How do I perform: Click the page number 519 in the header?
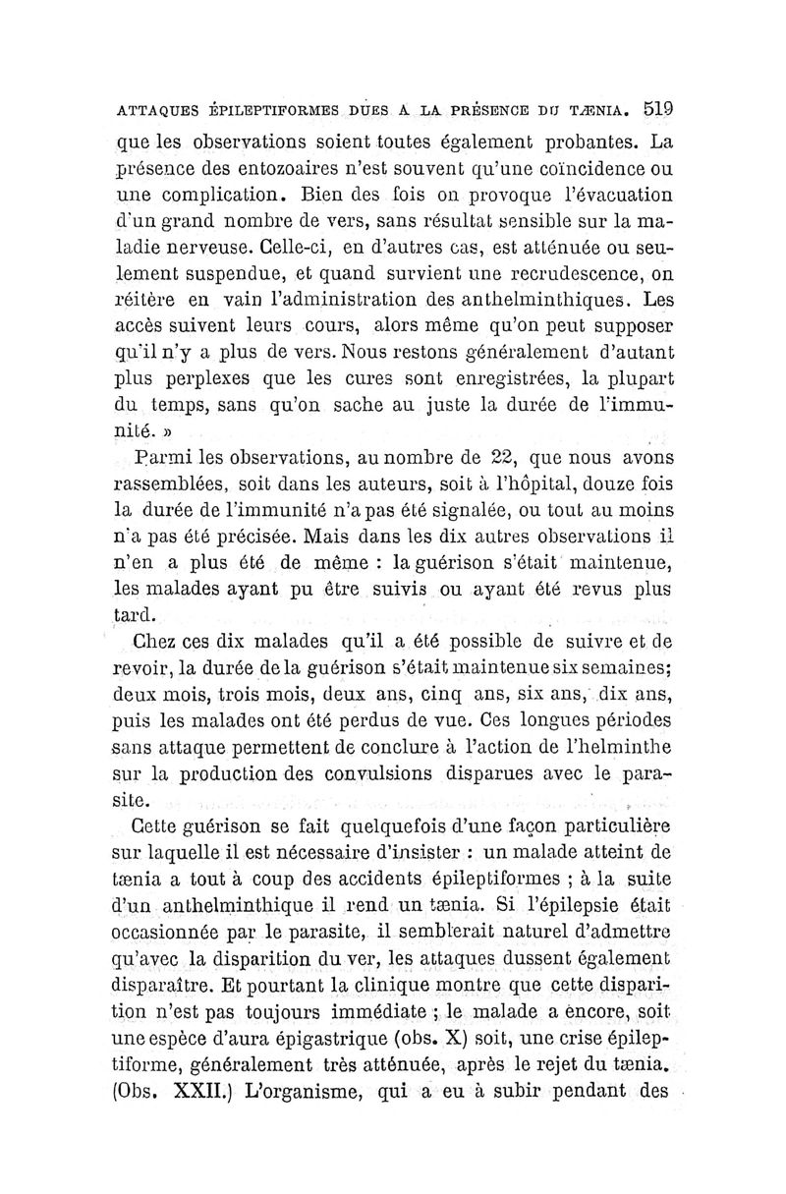click(x=652, y=107)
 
